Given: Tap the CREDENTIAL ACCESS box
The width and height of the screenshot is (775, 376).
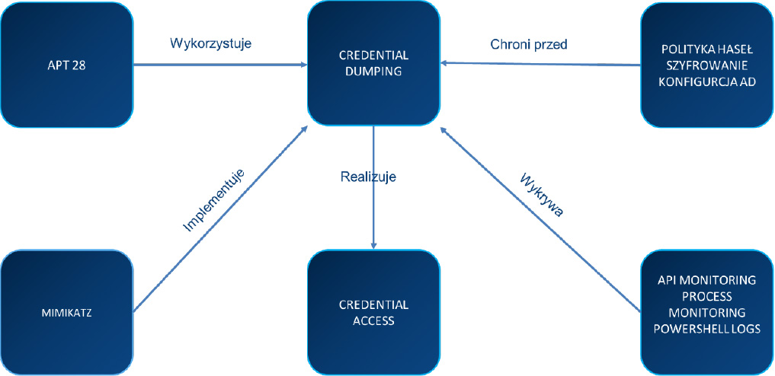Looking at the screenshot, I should (373, 313).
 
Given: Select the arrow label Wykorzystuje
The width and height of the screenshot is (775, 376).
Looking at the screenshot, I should (210, 43).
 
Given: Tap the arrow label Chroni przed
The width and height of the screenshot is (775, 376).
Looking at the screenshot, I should (529, 43).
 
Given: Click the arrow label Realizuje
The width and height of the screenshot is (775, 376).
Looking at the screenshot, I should (368, 177).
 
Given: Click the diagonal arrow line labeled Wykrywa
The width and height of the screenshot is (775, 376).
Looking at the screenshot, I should (541, 221).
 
